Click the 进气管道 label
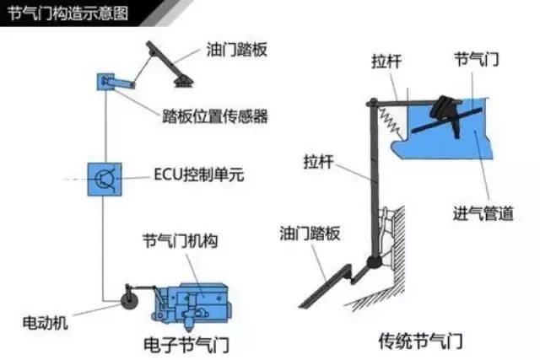pos(483,213)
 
